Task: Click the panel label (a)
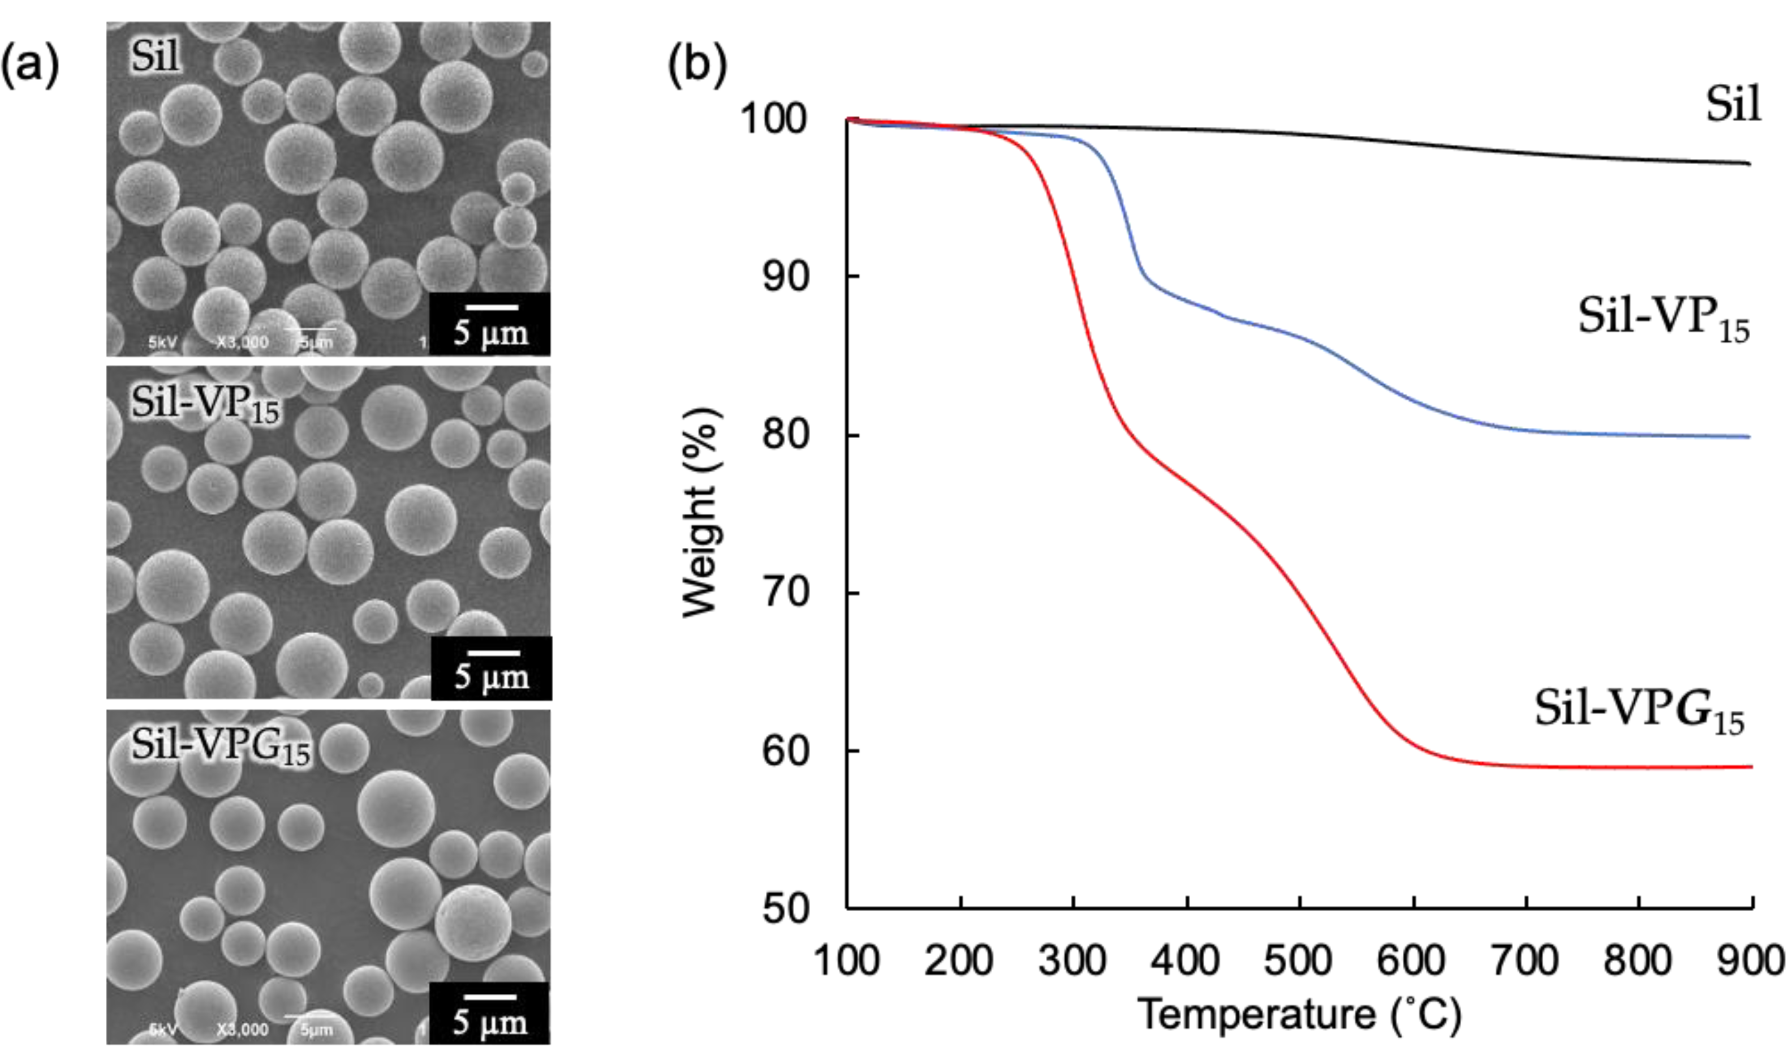click(30, 66)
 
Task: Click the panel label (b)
click(697, 66)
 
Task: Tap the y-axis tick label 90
click(786, 276)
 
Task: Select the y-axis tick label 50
click(786, 910)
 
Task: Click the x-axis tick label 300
click(1072, 960)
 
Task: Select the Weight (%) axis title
click(700, 512)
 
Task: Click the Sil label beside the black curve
click(1734, 105)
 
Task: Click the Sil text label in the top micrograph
click(155, 55)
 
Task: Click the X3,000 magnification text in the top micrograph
click(243, 343)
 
